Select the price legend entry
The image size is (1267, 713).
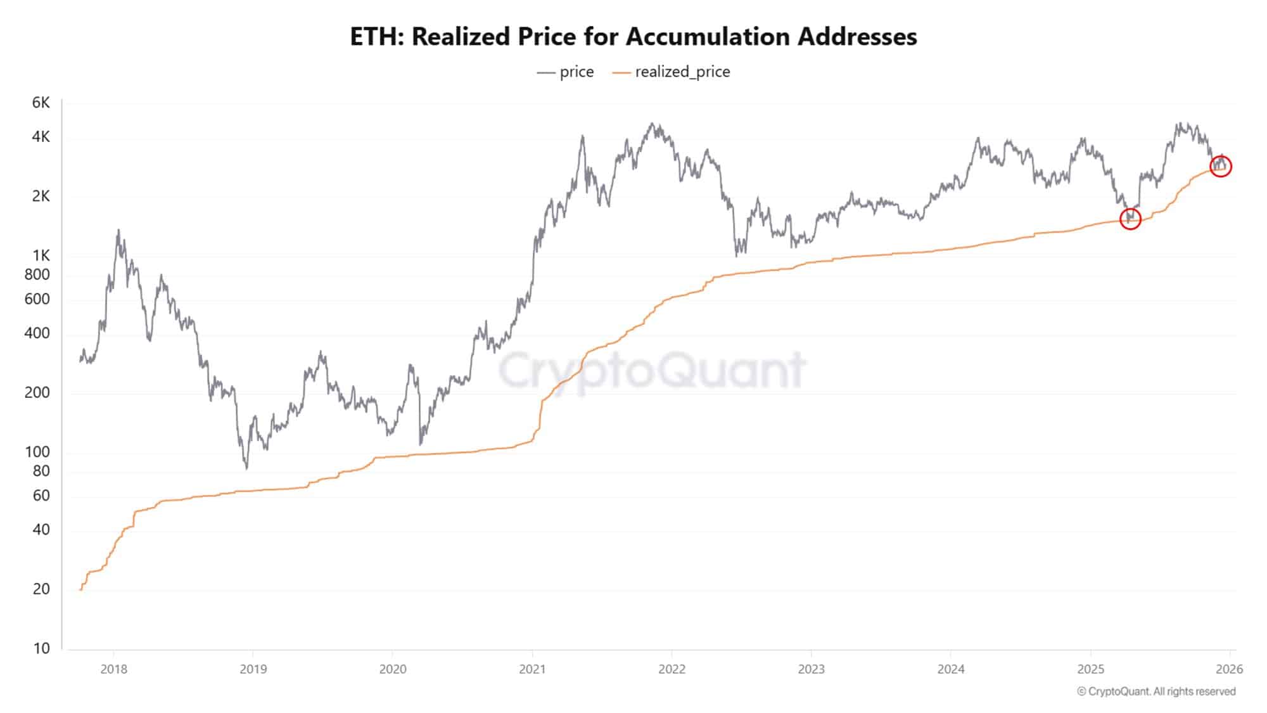(566, 72)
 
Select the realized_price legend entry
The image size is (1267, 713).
(672, 72)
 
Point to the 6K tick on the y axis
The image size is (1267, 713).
(41, 103)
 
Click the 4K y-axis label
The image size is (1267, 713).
(41, 137)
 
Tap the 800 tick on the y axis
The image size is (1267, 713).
(37, 274)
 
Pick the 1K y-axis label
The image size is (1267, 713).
(41, 255)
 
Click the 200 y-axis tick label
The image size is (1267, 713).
(37, 392)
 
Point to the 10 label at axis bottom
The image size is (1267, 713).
(41, 648)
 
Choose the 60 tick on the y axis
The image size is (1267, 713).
(41, 496)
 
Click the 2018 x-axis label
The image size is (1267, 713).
(113, 669)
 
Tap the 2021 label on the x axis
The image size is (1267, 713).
(532, 669)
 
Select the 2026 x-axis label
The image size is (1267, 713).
(1230, 669)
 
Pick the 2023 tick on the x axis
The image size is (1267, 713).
(811, 669)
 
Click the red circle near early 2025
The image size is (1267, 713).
(1130, 219)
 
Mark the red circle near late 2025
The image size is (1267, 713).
(1220, 167)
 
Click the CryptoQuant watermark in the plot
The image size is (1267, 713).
(653, 370)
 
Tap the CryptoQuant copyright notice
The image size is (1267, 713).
(1156, 691)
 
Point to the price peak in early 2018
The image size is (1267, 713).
(118, 232)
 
